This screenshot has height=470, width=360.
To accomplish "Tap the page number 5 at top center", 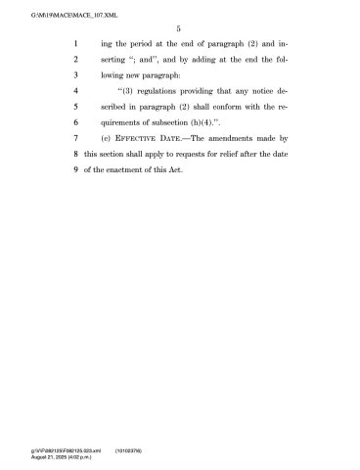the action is click(x=179, y=30).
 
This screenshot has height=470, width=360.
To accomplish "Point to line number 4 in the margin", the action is click(x=76, y=91).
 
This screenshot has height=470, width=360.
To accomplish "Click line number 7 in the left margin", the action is click(x=76, y=138).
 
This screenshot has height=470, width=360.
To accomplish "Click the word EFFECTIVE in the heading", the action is click(x=150, y=138).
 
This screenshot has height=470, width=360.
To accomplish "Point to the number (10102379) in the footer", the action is click(x=131, y=451).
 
